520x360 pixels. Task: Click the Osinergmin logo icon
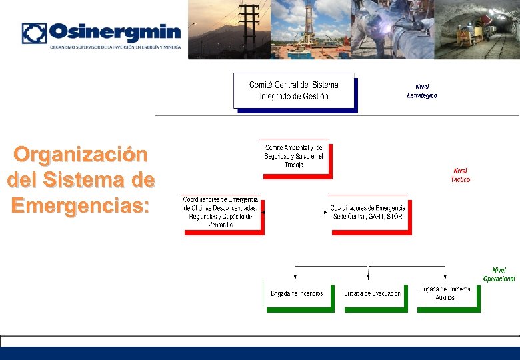[x=34, y=33]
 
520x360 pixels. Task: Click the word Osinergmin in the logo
[x=115, y=32]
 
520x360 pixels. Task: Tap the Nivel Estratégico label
[x=422, y=91]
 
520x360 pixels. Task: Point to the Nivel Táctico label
[x=460, y=175]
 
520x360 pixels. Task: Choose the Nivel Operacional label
[x=499, y=275]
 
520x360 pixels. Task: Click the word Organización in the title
[x=81, y=155]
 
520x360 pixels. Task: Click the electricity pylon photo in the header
[x=230, y=29]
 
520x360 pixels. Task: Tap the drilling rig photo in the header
[x=311, y=29]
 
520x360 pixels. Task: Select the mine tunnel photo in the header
[x=477, y=29]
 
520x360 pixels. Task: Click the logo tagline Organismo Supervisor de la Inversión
[x=114, y=48]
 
